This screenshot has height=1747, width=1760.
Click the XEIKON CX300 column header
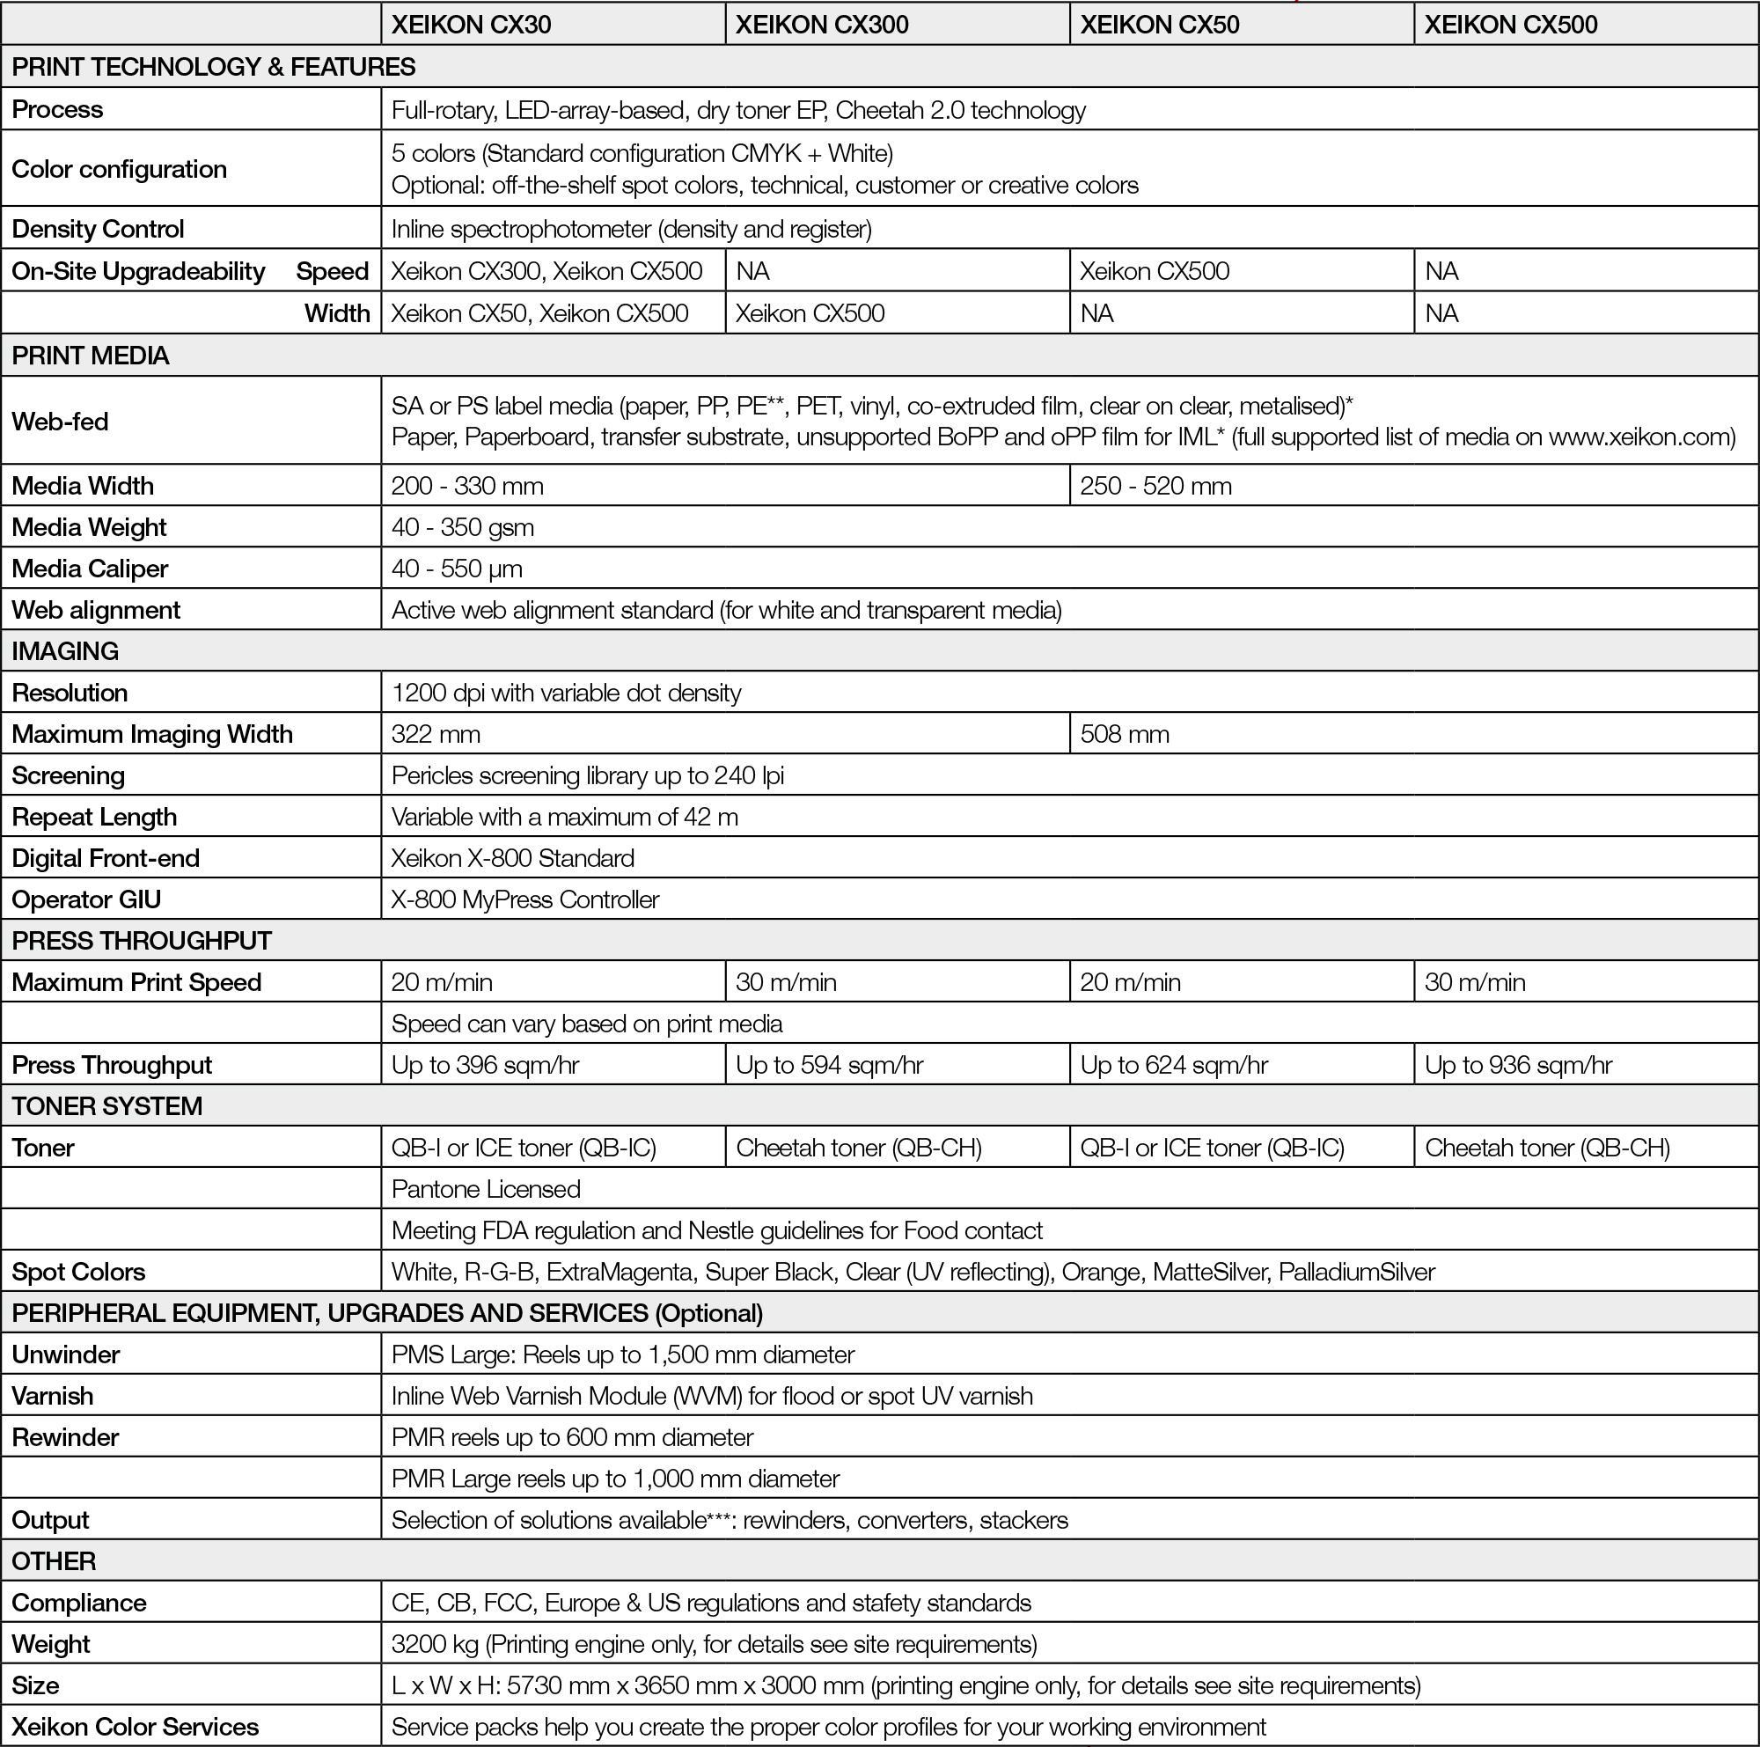pyautogui.click(x=822, y=25)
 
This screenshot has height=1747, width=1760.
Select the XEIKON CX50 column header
pyautogui.click(x=1159, y=25)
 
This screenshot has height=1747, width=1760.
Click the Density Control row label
pyautogui.click(x=98, y=229)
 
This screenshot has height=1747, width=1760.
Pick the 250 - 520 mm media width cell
pyautogui.click(x=1155, y=486)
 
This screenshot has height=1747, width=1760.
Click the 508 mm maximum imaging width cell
pyautogui.click(x=1124, y=734)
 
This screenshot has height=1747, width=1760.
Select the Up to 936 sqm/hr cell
pyautogui.click(x=1518, y=1065)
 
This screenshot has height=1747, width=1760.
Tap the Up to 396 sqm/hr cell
pyautogui.click(x=485, y=1065)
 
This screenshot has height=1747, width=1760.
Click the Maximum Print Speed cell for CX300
pyautogui.click(x=785, y=982)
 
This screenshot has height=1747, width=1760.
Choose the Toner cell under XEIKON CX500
pyautogui.click(x=1547, y=1148)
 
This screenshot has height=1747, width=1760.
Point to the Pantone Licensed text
pyautogui.click(x=486, y=1189)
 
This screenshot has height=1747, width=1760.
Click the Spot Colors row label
pyautogui.click(x=78, y=1272)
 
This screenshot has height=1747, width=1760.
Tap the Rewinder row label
pyautogui.click(x=66, y=1437)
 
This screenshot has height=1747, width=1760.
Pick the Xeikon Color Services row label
pyautogui.click(x=135, y=1727)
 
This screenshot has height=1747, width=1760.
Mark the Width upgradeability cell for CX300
pyautogui.click(x=809, y=313)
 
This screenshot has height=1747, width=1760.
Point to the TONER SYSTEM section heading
pyautogui.click(x=106, y=1105)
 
